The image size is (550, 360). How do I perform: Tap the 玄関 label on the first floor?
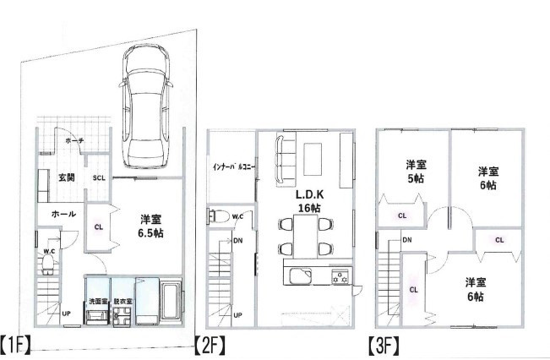click(x=66, y=177)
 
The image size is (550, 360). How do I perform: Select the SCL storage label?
click(x=99, y=178)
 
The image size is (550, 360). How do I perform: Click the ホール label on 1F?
click(x=63, y=214)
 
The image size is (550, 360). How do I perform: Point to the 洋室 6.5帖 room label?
click(x=150, y=226)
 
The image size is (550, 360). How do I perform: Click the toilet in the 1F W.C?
click(x=47, y=264)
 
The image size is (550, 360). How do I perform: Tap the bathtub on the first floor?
click(x=172, y=299)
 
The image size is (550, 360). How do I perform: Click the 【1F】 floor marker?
click(x=16, y=345)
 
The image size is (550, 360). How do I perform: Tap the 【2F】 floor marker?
click(x=210, y=345)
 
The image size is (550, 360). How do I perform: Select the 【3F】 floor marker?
click(x=384, y=345)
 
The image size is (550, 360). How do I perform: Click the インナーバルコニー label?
click(x=233, y=166)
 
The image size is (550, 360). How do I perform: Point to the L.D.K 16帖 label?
click(x=309, y=201)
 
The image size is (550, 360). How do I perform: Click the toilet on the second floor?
click(x=219, y=215)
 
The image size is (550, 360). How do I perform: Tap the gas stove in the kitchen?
click(x=340, y=276)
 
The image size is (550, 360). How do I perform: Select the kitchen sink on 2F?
click(x=300, y=276)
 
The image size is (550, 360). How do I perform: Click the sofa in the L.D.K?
click(x=286, y=160)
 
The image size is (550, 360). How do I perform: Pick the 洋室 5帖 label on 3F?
click(x=416, y=172)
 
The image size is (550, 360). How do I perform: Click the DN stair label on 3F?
click(x=407, y=240)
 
